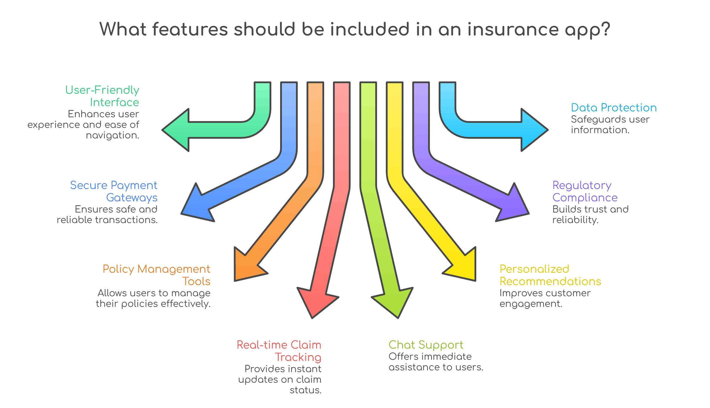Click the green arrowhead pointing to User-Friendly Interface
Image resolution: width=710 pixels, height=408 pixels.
point(178,130)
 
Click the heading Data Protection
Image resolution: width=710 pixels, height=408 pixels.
point(614,108)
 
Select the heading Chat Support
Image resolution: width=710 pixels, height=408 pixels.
point(426,345)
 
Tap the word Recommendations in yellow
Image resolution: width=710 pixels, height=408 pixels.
point(550,282)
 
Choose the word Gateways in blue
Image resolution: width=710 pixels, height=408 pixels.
point(132,198)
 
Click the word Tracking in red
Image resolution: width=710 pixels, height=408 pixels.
point(298,357)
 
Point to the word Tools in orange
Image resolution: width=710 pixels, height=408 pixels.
point(196,282)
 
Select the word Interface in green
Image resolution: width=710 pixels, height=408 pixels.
point(115,102)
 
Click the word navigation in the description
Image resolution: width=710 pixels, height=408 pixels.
point(112,135)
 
